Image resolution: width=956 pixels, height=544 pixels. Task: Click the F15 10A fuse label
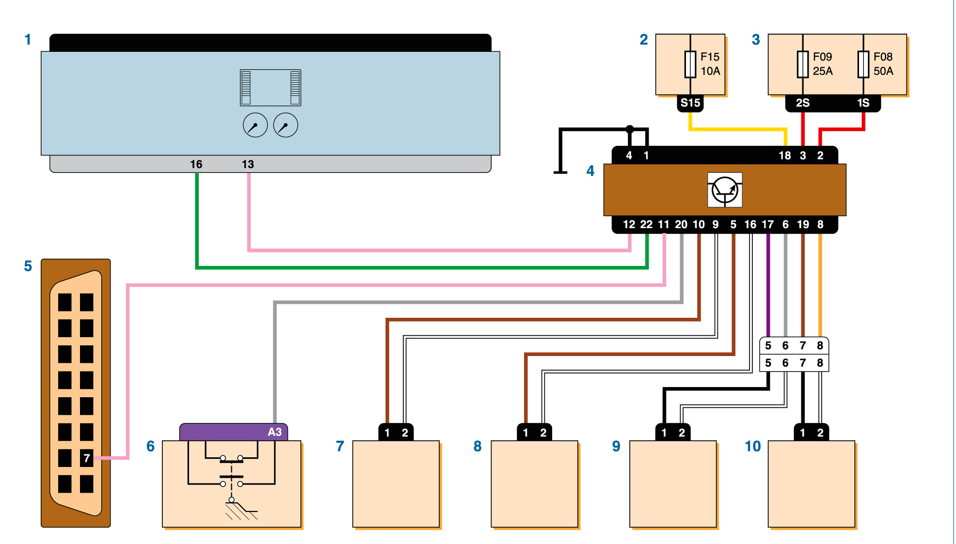point(710,64)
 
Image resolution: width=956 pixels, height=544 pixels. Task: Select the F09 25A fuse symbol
point(803,64)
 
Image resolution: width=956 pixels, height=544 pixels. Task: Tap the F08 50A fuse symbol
point(863,64)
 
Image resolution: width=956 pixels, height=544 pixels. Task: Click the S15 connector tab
point(690,103)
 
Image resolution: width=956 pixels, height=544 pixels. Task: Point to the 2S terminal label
point(803,103)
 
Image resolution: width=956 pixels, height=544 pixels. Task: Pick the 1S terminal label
point(863,103)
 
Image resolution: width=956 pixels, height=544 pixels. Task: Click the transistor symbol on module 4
point(725,190)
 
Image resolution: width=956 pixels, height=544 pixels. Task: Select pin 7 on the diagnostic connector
point(87,458)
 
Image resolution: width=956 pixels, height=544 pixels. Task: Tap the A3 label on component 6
point(274,432)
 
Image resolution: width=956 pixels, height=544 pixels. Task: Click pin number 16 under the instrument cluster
point(196,164)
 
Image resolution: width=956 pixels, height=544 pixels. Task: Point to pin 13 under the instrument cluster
point(248,164)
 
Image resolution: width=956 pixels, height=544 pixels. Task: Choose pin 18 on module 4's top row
point(785,155)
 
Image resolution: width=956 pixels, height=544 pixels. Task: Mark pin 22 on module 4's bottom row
point(646,224)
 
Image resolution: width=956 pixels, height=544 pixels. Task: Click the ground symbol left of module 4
point(560,171)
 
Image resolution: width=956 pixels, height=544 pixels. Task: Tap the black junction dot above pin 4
point(630,129)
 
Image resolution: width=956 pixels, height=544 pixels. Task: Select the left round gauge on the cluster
point(255,125)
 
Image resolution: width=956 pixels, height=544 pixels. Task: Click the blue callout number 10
point(753,446)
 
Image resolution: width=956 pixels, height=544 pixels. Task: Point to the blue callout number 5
point(28,266)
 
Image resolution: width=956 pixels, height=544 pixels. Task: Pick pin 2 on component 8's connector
point(543,433)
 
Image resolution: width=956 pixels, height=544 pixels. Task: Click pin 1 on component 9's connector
point(664,433)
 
